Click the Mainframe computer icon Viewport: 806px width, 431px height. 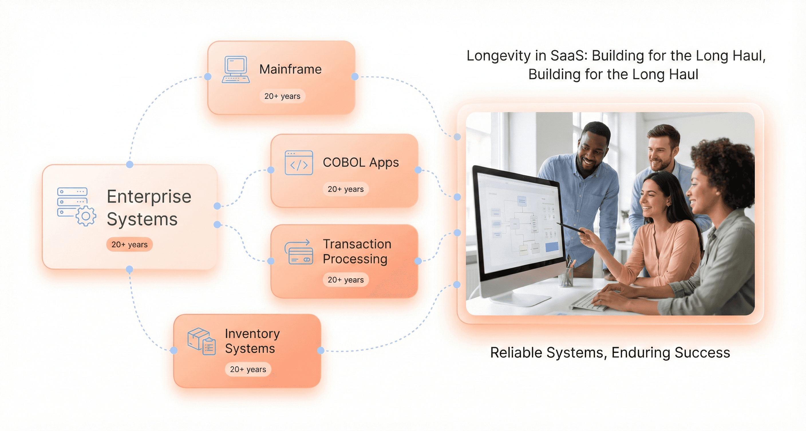tap(236, 70)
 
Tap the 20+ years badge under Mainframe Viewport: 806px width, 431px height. tap(282, 96)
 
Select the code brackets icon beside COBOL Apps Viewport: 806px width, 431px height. tap(299, 163)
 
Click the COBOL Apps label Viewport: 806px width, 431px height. tap(360, 162)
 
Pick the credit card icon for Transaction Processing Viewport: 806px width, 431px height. tap(299, 252)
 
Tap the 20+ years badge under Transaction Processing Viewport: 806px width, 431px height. tap(345, 280)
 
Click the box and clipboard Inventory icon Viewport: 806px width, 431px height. tap(201, 341)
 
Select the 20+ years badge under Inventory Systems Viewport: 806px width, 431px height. tap(248, 369)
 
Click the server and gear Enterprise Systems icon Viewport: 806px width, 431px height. tap(76, 206)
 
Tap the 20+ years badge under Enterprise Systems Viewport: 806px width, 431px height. tap(129, 245)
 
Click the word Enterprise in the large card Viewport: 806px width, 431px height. tap(149, 197)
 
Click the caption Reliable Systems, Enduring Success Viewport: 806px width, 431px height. tap(610, 353)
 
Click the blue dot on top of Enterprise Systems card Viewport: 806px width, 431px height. tap(130, 164)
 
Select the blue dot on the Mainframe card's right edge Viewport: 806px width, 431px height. tap(355, 77)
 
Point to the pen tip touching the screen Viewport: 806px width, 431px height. tap(558, 223)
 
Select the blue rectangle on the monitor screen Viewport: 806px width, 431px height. tap(552, 247)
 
